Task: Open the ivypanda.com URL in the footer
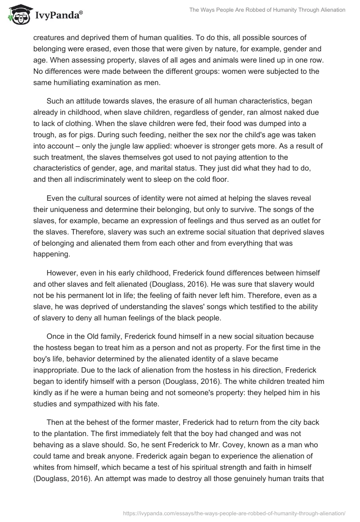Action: pos(234,512)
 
